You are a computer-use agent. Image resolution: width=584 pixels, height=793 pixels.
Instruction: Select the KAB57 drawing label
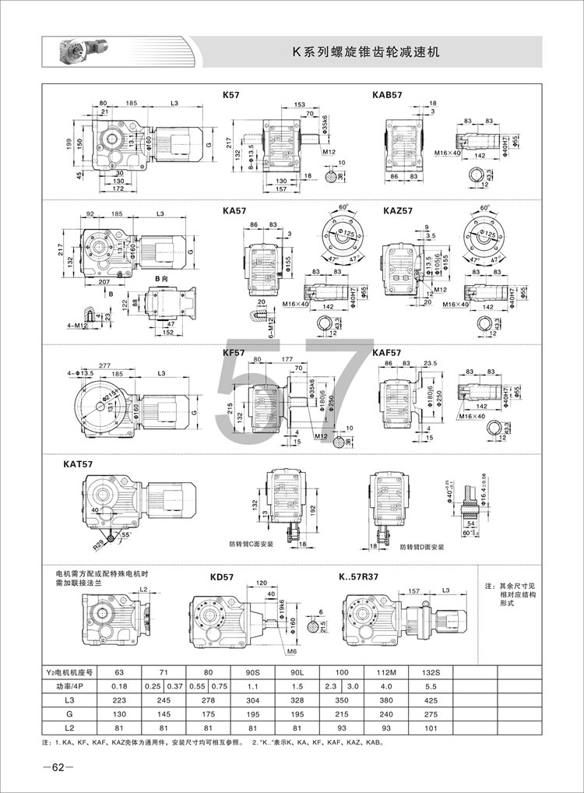[x=388, y=95]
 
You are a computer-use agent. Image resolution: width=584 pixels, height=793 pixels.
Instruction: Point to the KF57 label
[x=234, y=352]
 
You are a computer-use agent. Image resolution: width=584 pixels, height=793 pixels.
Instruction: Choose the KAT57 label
[x=78, y=464]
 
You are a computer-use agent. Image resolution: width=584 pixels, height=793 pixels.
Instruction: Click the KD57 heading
[x=223, y=577]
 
